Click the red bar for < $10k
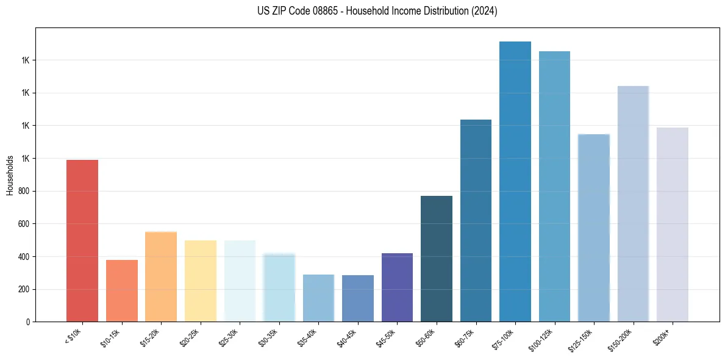click(x=82, y=240)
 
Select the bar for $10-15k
click(x=122, y=290)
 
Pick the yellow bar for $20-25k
click(x=201, y=281)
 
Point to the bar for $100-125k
click(x=554, y=186)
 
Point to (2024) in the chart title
click(x=485, y=11)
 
